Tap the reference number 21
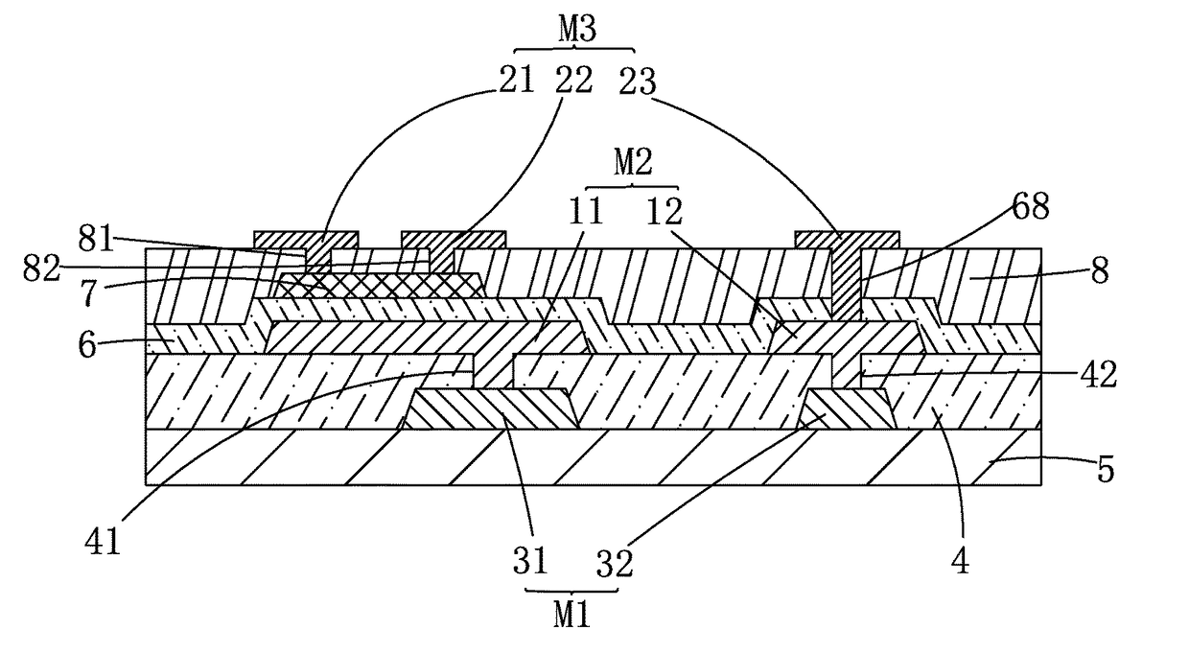516,81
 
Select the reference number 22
573,81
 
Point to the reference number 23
638,82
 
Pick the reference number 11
586,211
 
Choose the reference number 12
664,211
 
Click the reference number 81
96,239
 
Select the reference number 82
41,268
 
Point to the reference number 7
88,292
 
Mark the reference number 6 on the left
87,345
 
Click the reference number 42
1098,374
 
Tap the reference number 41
103,541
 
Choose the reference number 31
530,561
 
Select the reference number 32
615,563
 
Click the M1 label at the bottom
571,616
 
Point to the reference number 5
1106,469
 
